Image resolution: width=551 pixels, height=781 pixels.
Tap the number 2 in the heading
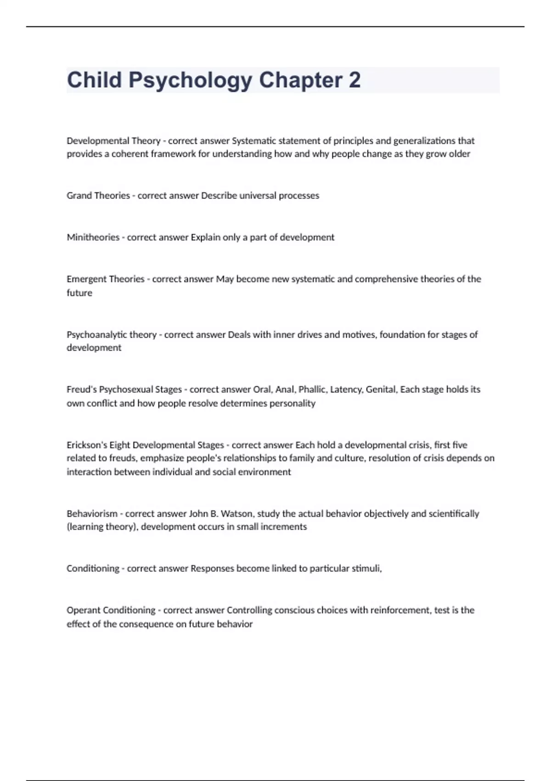(x=354, y=80)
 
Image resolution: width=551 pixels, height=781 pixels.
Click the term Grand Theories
(x=98, y=195)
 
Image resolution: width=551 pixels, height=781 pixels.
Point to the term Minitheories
(x=93, y=237)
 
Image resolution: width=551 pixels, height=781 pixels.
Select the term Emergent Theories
(x=106, y=279)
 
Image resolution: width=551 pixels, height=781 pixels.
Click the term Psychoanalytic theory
(x=112, y=334)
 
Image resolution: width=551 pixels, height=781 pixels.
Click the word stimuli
(x=366, y=568)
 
